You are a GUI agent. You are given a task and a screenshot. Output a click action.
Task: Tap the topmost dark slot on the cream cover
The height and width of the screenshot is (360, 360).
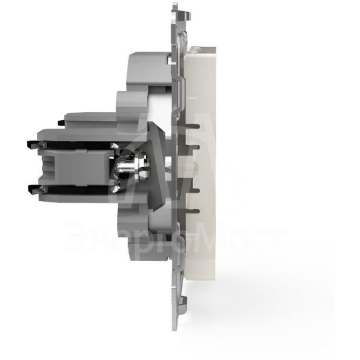click(193, 126)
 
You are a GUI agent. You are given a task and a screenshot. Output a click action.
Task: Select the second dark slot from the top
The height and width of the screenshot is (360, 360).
click(194, 146)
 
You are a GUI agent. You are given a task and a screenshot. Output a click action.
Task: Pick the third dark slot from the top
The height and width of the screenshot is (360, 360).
click(194, 191)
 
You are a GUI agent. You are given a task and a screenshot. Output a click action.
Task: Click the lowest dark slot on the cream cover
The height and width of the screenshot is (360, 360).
click(193, 209)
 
